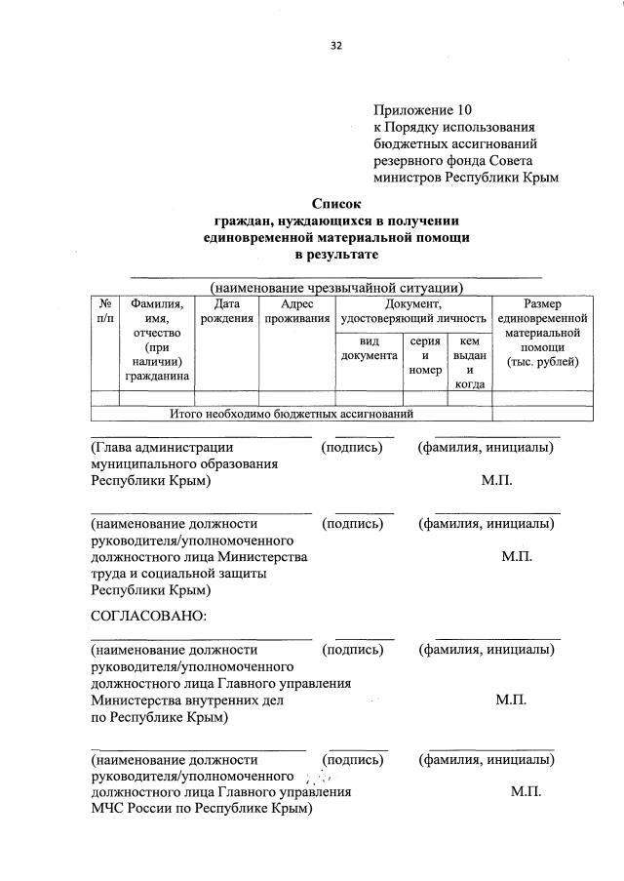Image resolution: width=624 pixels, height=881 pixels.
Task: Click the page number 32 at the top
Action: (336, 45)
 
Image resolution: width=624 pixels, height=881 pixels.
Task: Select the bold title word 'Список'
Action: (336, 204)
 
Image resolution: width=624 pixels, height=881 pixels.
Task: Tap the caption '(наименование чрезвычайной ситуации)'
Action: (336, 287)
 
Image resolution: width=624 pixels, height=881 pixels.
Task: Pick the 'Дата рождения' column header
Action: (226, 311)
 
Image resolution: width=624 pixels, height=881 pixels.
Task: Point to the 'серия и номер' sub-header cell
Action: (425, 355)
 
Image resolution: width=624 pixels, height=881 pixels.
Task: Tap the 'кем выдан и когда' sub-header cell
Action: (470, 362)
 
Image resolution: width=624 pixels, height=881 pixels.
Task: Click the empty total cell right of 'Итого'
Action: (542, 414)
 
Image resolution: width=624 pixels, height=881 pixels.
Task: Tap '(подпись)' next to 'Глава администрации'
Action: (352, 448)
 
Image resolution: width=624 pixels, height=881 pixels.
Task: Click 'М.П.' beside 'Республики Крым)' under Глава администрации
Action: (496, 481)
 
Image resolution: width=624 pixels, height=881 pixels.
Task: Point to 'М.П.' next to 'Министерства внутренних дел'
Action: (511, 701)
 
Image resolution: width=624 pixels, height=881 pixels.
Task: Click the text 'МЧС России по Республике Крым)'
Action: (202, 809)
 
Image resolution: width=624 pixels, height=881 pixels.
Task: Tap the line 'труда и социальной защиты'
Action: (179, 573)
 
